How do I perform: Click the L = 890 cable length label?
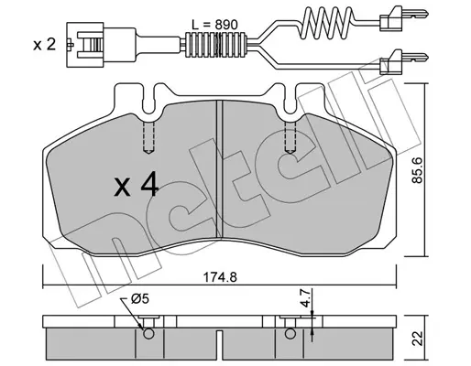coord(214,25)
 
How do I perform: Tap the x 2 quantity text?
coord(45,45)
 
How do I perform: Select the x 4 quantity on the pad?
coord(136,184)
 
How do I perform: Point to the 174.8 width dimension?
coord(220,277)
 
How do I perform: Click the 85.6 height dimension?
coord(417,170)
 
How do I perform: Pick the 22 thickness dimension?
coord(418,339)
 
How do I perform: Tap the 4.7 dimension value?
coord(306,299)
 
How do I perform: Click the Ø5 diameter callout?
coord(139,298)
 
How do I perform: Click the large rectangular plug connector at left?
coord(101,45)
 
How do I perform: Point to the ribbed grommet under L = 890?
coord(216,45)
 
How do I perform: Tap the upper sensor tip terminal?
coord(404,18)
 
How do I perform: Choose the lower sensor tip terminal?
coord(404,62)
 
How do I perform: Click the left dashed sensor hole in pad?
coord(148,138)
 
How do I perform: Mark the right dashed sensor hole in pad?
coord(290,138)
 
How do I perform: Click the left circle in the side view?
coord(148,334)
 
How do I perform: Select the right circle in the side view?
coord(290,334)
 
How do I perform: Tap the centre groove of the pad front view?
coord(220,169)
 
